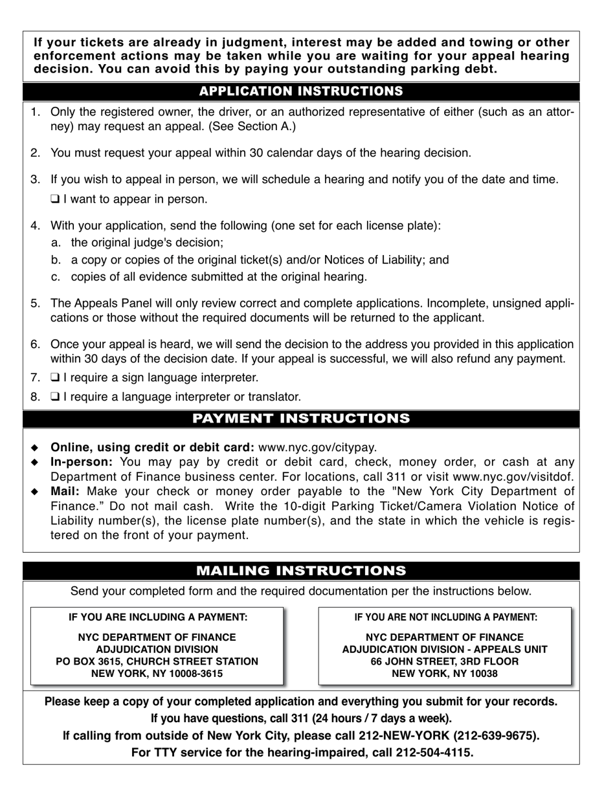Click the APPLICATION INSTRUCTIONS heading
point(301,91)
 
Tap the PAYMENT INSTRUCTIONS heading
point(301,419)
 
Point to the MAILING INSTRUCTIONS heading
point(301,571)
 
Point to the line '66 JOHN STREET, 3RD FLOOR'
point(445,661)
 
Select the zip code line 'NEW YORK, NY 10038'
point(445,674)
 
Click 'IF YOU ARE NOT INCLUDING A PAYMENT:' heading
point(445,617)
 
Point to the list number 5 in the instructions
point(35,303)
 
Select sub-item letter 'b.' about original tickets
point(56,260)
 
